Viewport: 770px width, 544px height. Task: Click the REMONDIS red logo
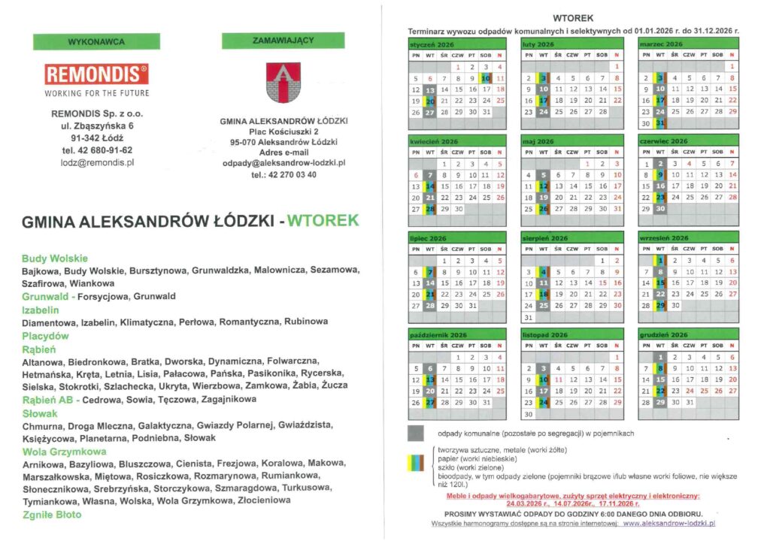(x=96, y=74)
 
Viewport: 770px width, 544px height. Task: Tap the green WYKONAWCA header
(x=96, y=41)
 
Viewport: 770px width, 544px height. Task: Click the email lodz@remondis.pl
(x=97, y=162)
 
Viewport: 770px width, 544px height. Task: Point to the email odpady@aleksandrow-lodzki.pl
(x=283, y=162)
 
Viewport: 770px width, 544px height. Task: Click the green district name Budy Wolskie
(x=55, y=258)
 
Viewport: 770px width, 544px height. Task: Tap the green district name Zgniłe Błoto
(x=51, y=515)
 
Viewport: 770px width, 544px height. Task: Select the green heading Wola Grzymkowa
(x=64, y=452)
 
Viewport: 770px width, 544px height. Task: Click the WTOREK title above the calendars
(x=573, y=17)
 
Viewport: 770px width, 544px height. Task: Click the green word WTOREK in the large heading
(x=323, y=221)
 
